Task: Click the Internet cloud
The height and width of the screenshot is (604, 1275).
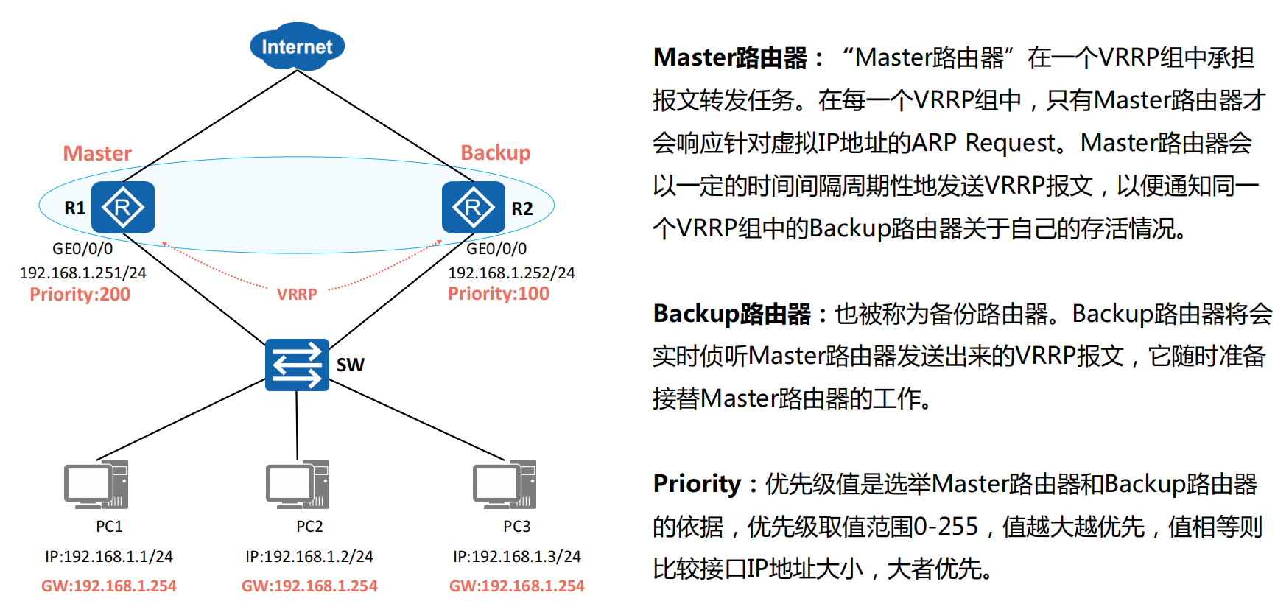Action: pyautogui.click(x=297, y=46)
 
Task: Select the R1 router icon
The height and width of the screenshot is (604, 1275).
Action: pyautogui.click(x=123, y=208)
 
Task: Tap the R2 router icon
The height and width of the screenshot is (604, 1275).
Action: pyautogui.click(x=473, y=208)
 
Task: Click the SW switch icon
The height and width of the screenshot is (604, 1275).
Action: pyautogui.click(x=297, y=365)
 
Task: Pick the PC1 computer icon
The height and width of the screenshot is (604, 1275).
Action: pyautogui.click(x=96, y=485)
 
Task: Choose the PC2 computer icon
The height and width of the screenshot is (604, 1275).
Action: pyautogui.click(x=298, y=485)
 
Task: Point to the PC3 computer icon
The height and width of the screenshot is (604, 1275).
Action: pyautogui.click(x=505, y=485)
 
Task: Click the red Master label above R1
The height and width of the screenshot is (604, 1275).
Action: pyautogui.click(x=97, y=153)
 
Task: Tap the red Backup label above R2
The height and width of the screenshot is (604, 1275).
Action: pyautogui.click(x=495, y=152)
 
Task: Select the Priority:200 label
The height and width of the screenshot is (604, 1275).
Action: pyautogui.click(x=80, y=295)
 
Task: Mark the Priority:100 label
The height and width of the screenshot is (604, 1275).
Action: pyautogui.click(x=499, y=294)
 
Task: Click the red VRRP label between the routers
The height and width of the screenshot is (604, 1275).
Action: pyautogui.click(x=297, y=295)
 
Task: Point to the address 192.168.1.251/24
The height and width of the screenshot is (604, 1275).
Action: pyautogui.click(x=82, y=273)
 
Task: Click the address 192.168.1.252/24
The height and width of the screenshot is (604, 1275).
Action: pyautogui.click(x=511, y=273)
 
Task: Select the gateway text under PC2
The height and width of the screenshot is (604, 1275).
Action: pyautogui.click(x=309, y=586)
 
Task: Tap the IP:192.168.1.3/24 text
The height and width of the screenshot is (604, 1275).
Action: pyautogui.click(x=517, y=557)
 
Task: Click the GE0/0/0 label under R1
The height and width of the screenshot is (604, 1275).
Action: pyautogui.click(x=82, y=249)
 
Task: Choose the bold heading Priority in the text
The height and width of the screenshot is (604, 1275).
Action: pyautogui.click(x=697, y=484)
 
